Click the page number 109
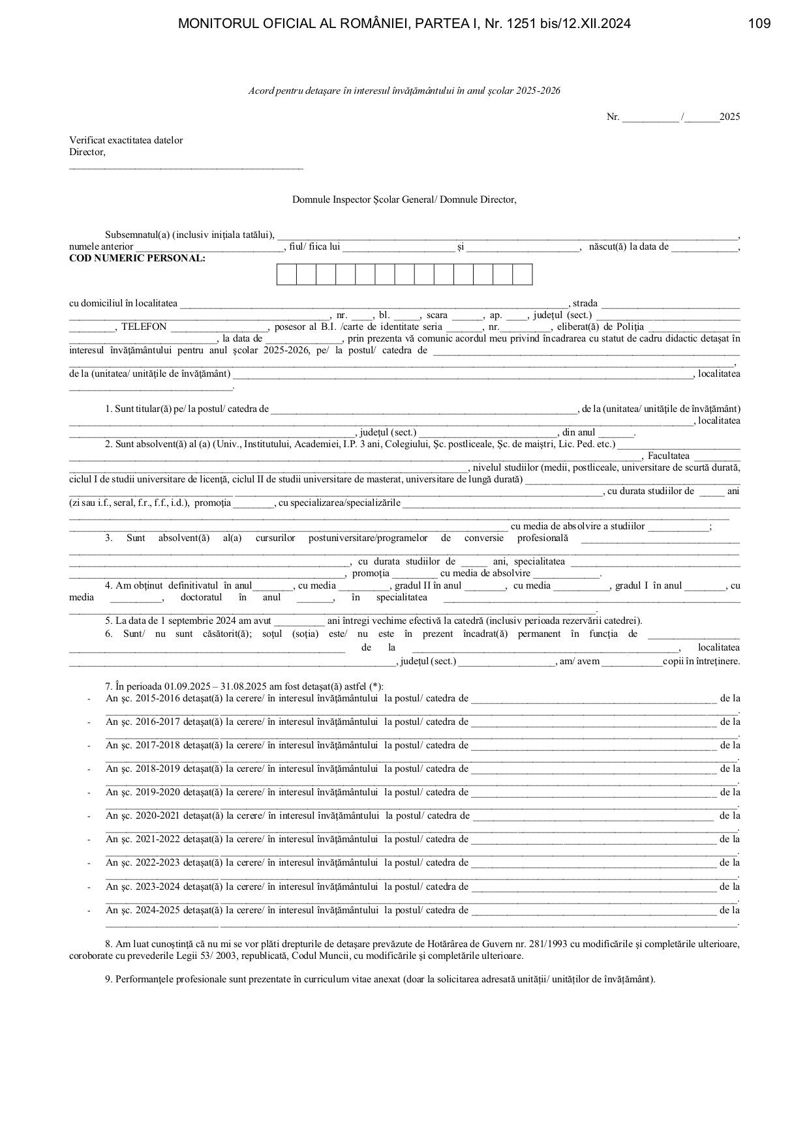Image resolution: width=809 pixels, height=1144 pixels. [x=759, y=24]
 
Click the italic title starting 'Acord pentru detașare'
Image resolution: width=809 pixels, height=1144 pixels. [x=404, y=91]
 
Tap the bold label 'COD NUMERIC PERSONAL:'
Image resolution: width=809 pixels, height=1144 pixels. [x=137, y=258]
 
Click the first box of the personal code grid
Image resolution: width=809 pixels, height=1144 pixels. [x=286, y=274]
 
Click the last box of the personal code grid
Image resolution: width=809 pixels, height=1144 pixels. [x=523, y=274]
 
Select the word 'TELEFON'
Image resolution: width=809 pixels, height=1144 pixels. [x=144, y=327]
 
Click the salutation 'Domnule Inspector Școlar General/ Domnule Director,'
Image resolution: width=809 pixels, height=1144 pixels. [x=404, y=199]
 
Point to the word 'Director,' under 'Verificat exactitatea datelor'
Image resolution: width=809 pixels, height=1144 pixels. [x=87, y=152]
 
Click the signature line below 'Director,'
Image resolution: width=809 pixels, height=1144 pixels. [x=186, y=168]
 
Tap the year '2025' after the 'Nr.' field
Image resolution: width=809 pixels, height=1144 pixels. [x=729, y=117]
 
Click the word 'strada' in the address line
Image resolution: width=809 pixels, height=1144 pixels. [x=585, y=303]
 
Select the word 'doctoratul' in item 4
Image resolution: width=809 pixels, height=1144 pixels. [x=201, y=597]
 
